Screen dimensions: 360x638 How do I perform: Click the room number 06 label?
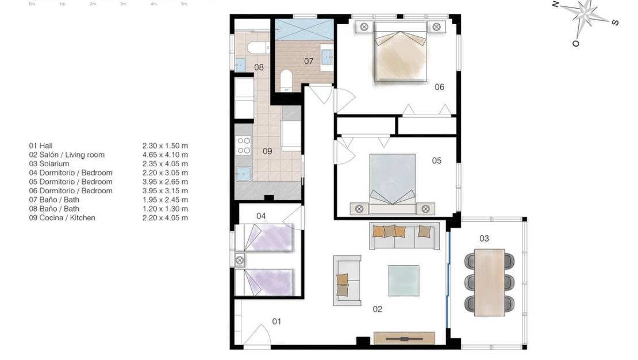coord(439,87)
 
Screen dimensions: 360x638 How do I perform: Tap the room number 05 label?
coord(437,161)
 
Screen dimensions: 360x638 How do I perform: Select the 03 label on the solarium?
coord(484,239)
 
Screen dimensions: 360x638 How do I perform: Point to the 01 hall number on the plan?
coord(276,321)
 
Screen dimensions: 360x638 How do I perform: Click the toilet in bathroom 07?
coord(286,80)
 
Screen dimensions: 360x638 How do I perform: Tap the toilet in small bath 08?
coord(255,47)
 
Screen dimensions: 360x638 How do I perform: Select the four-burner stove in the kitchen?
coord(244,145)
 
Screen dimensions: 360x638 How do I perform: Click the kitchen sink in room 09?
coord(244,173)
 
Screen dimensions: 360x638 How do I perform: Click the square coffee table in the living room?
coord(403,279)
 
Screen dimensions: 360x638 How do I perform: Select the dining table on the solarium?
coord(489,282)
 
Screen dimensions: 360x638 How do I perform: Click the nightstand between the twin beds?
coord(240,260)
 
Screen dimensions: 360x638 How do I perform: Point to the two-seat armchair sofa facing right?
coord(347,280)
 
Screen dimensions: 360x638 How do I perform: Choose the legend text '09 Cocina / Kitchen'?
coord(62,218)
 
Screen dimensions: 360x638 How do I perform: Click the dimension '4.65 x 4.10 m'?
coord(165,155)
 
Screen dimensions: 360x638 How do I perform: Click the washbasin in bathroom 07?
coord(327,56)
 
